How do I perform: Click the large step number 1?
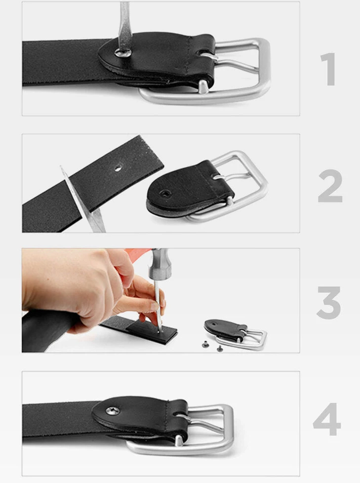[328, 69]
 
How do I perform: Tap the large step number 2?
[330, 186]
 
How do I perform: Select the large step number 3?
[328, 302]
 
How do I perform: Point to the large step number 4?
[327, 419]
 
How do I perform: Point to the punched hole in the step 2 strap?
[118, 168]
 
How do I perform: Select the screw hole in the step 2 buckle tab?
[163, 194]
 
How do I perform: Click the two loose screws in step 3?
[212, 346]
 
